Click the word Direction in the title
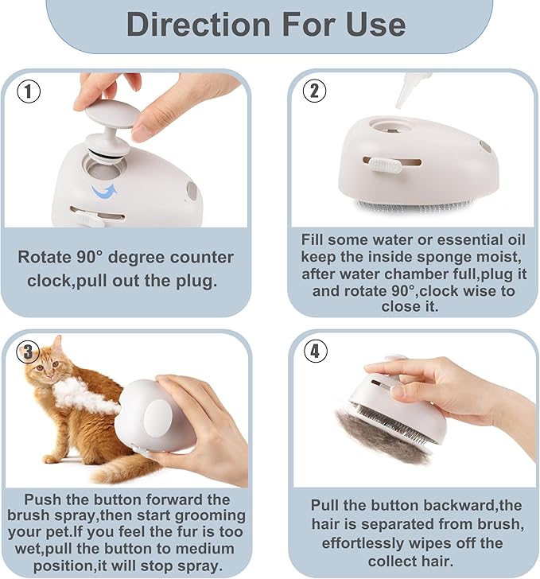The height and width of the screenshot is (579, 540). click(199, 25)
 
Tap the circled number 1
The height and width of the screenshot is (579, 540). click(29, 91)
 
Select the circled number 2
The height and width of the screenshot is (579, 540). click(314, 91)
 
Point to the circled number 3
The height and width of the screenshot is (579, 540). click(28, 352)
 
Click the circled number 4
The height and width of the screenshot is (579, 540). click(315, 351)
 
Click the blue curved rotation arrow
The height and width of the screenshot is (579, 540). click(105, 192)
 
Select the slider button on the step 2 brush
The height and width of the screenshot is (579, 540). click(386, 165)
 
